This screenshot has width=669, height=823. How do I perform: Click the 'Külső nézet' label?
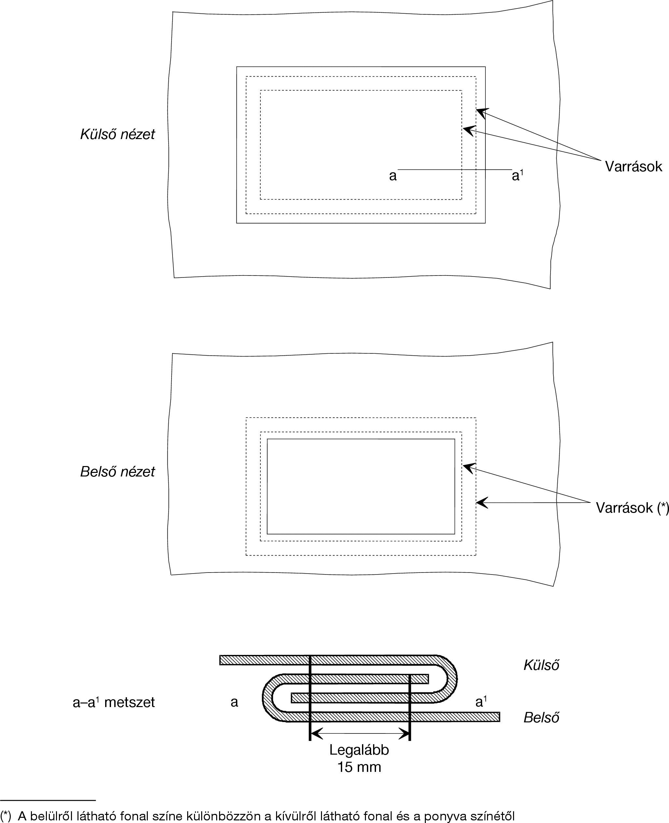[117, 134]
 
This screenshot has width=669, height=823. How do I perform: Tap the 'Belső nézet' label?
[117, 472]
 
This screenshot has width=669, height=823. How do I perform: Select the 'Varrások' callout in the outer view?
[633, 166]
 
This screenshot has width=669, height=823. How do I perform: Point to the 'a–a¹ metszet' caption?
[114, 702]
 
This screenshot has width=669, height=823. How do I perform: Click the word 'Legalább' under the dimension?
[359, 750]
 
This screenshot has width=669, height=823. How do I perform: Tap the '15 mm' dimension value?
[359, 767]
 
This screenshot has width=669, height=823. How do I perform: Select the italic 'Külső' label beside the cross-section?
[541, 665]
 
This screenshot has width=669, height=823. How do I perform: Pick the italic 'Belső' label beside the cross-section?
[541, 717]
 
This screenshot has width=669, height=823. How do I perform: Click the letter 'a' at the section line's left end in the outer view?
[393, 176]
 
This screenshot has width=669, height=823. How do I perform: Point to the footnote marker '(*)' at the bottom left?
[6, 816]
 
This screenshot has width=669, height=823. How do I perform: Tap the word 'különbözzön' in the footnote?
[220, 816]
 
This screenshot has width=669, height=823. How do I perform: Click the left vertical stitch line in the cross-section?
[310, 698]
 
